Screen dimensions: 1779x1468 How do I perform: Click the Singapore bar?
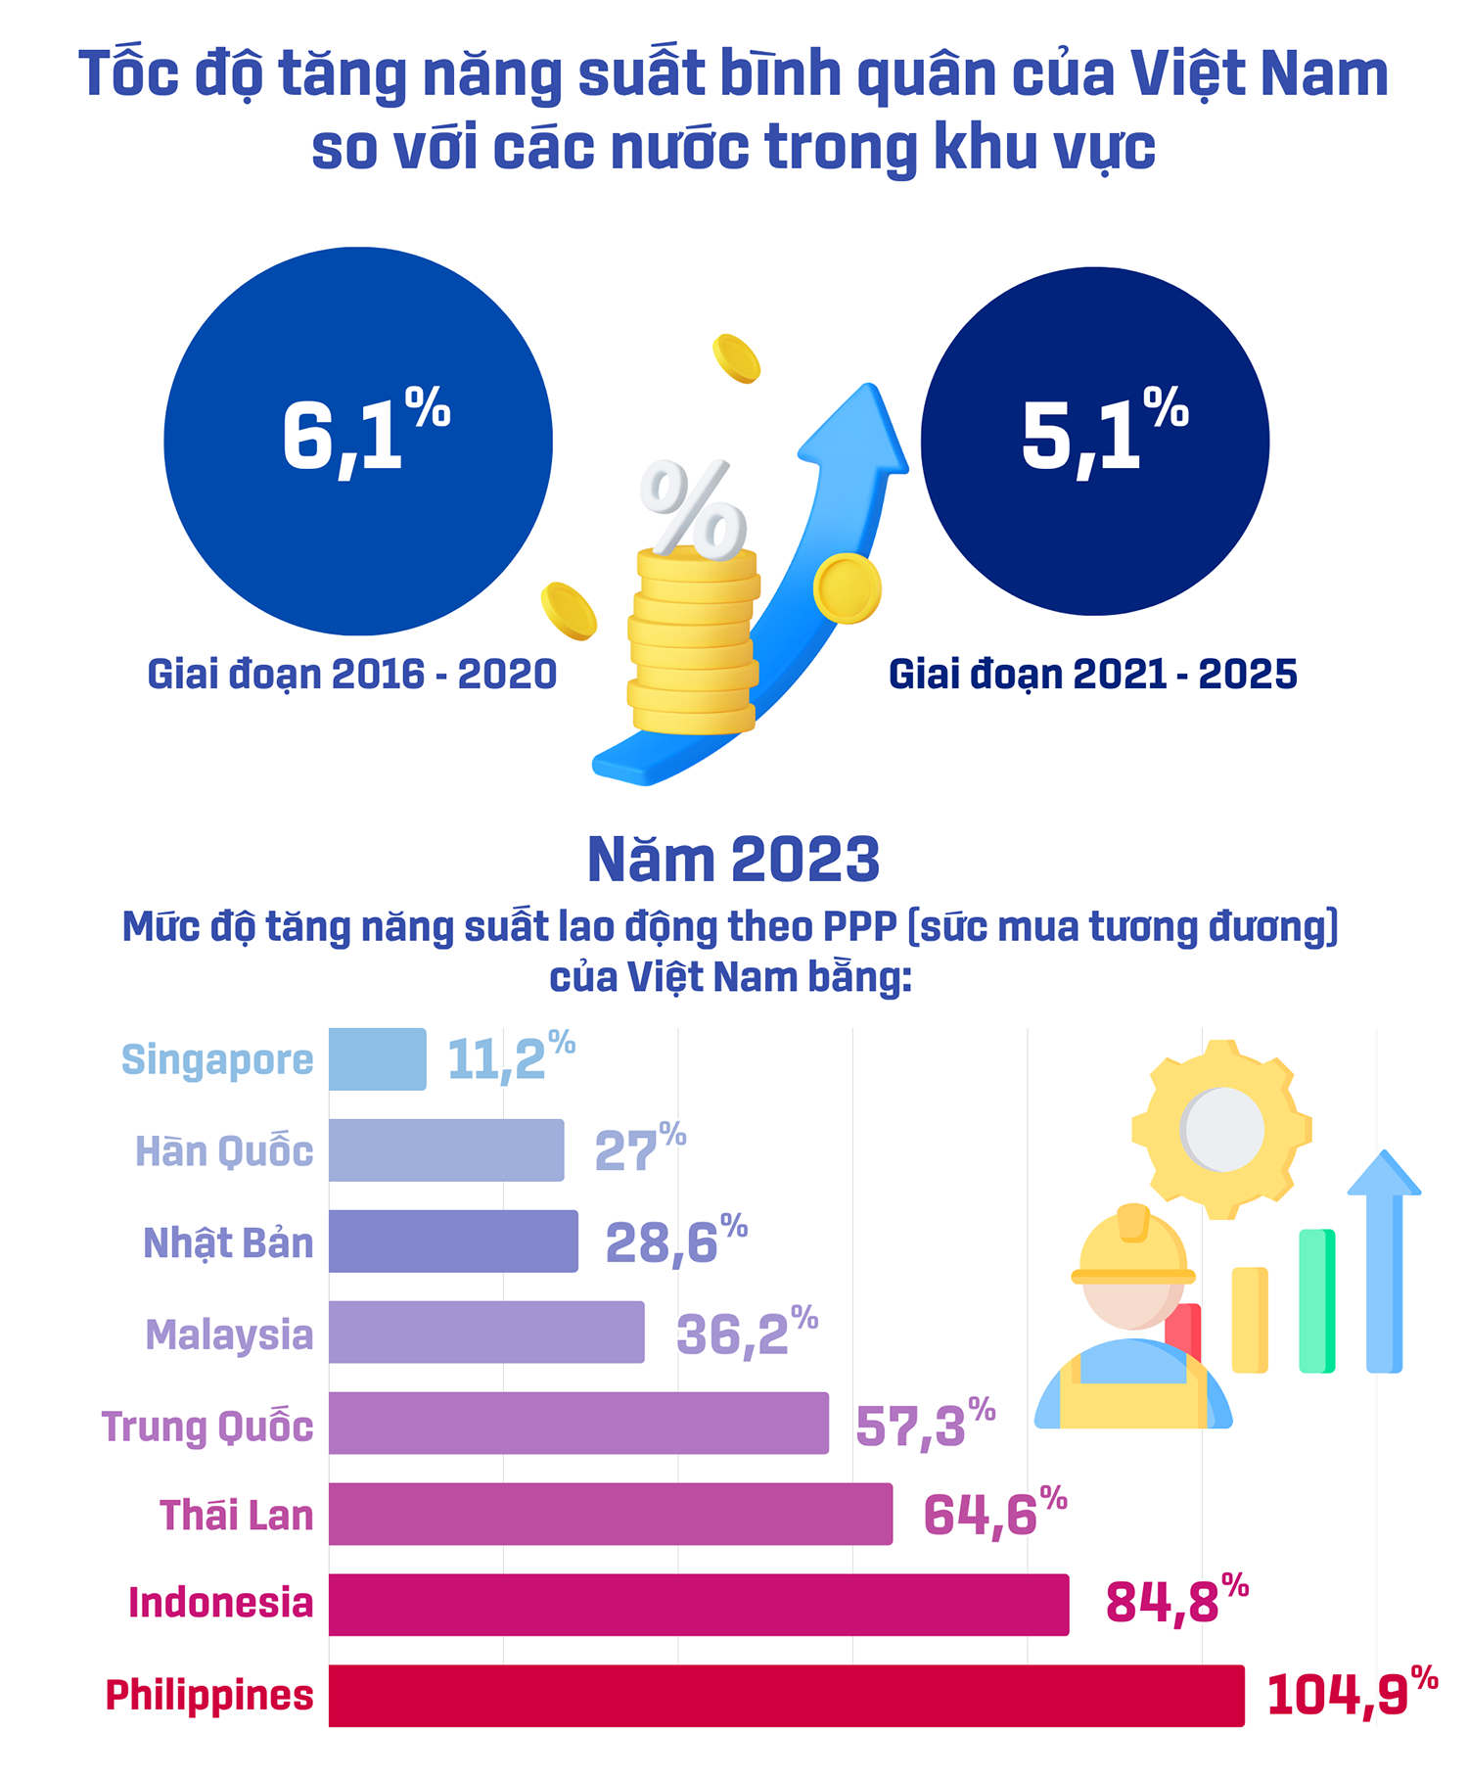(377, 1058)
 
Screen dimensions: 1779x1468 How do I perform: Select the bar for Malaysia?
(486, 1332)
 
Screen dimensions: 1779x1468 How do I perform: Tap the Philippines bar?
(786, 1695)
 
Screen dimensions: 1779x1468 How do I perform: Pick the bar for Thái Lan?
(610, 1514)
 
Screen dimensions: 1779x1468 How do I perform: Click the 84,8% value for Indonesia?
(1175, 1603)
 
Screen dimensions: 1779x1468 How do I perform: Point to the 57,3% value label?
(924, 1425)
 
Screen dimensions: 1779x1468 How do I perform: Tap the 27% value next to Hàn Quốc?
(639, 1150)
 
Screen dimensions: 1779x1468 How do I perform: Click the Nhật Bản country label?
(228, 1242)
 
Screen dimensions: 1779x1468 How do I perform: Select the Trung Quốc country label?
(207, 1426)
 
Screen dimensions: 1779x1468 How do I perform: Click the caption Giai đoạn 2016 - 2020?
(351, 675)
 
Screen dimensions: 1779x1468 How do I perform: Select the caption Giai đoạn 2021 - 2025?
(1092, 675)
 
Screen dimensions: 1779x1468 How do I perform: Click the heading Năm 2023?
(733, 860)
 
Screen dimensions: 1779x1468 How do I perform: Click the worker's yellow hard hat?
(1132, 1248)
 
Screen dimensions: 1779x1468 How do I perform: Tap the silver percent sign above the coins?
(693, 507)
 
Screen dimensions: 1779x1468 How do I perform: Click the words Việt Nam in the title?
(1259, 74)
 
